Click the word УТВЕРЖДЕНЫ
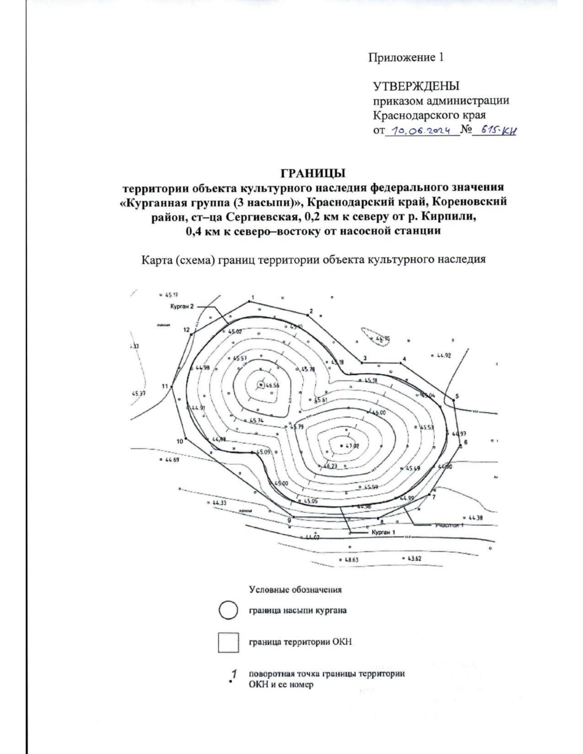(x=416, y=86)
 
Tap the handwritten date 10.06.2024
(x=422, y=131)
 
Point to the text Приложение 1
(x=406, y=58)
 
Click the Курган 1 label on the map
(x=383, y=532)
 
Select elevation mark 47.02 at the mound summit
(x=352, y=446)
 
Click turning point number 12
(x=187, y=330)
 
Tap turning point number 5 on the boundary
(x=457, y=396)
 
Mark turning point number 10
(x=180, y=441)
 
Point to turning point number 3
(x=364, y=359)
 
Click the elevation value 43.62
(x=414, y=559)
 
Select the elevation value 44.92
(x=444, y=355)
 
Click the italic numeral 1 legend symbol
(x=234, y=674)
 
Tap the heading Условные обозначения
(x=295, y=590)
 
